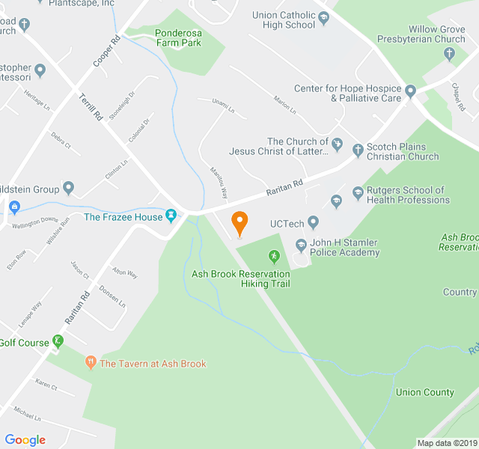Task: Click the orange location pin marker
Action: point(239,222)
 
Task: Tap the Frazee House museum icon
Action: point(171,216)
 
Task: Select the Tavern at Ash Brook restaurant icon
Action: point(91,364)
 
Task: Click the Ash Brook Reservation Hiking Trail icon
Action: point(274,257)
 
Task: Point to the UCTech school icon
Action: point(313,222)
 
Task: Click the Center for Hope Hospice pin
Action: point(410,93)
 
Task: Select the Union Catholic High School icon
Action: point(324,16)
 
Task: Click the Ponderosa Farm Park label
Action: point(179,37)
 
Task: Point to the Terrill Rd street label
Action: point(91,108)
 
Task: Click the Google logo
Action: point(25,440)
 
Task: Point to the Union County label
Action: point(424,392)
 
